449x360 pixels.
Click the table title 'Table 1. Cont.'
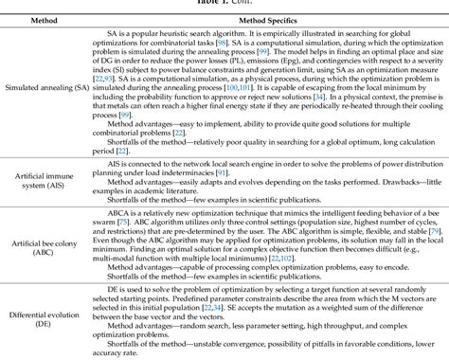tap(224, 4)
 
